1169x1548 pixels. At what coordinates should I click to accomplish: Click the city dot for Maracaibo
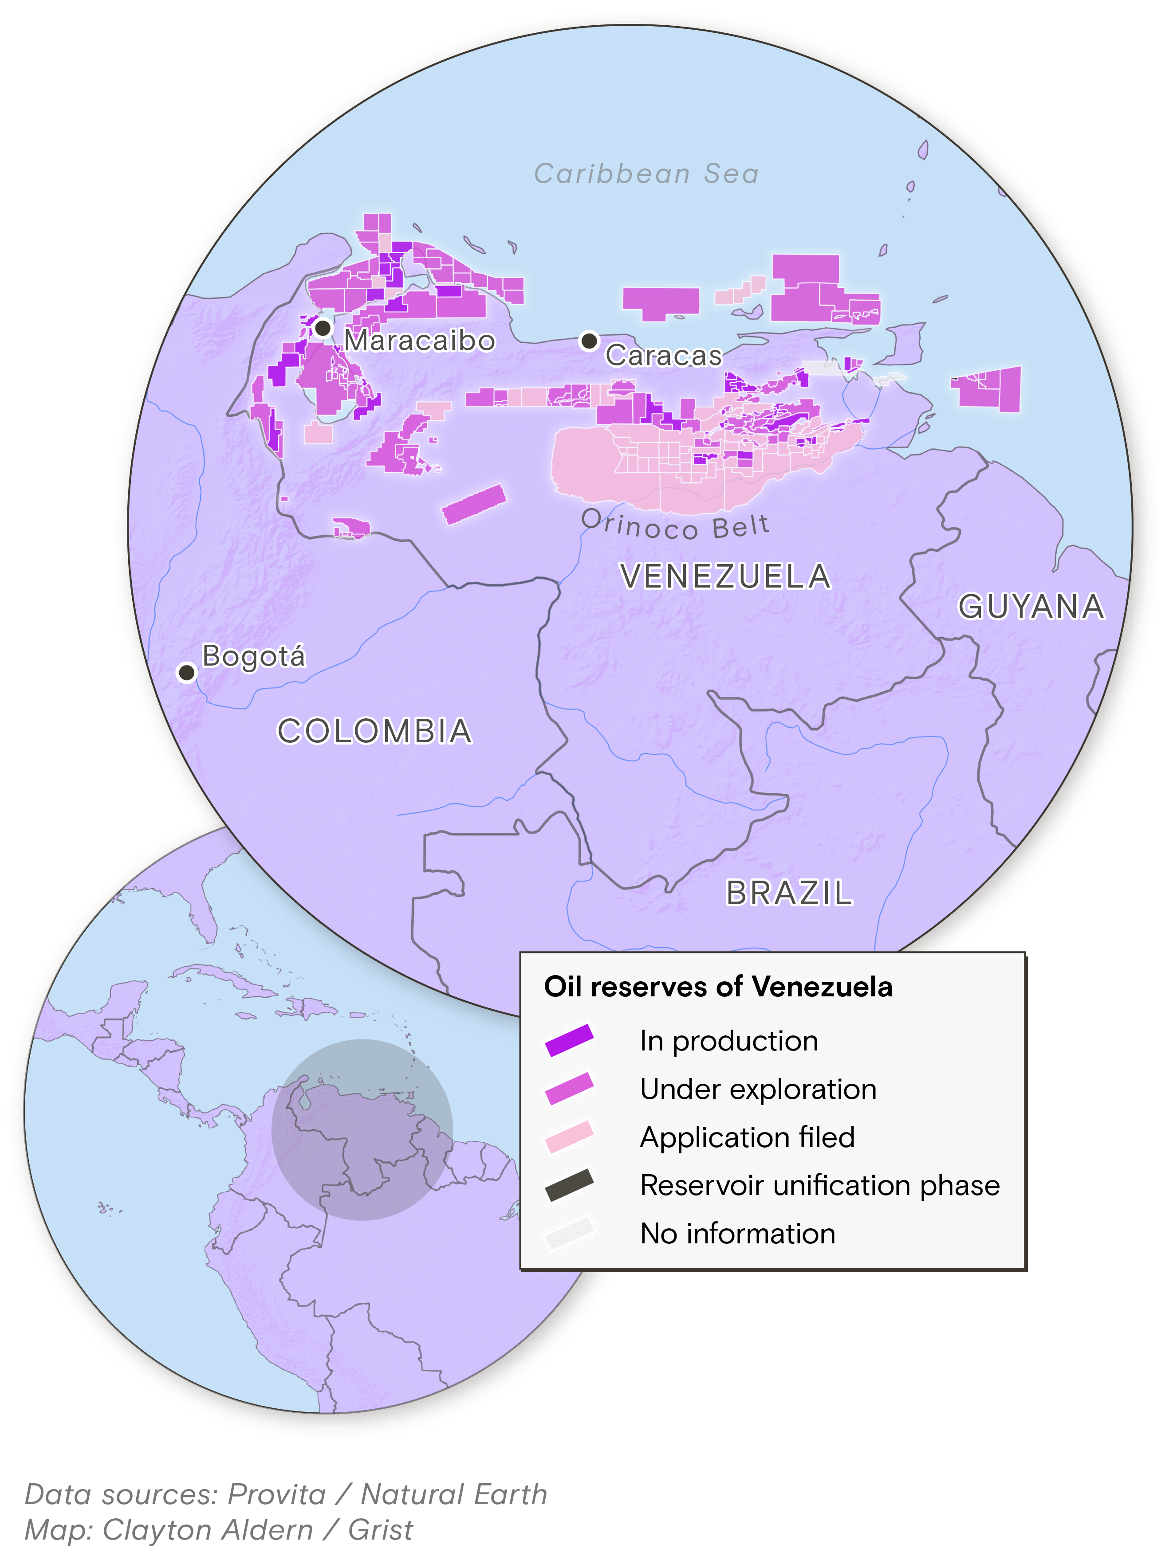point(323,328)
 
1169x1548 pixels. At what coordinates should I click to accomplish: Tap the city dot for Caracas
point(590,341)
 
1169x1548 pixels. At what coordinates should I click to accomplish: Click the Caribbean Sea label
point(646,173)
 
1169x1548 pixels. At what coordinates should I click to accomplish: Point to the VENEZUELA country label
point(726,576)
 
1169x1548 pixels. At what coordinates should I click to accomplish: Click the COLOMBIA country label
point(374,731)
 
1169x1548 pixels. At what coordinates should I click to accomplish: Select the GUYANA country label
point(1031,606)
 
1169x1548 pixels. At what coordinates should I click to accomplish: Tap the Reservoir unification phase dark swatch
point(569,1185)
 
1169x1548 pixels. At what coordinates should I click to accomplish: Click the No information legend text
point(738,1233)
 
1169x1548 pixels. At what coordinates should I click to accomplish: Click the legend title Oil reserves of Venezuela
point(718,987)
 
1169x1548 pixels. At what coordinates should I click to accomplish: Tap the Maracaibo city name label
point(419,341)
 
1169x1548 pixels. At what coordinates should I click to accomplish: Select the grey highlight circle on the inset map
point(362,1130)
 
